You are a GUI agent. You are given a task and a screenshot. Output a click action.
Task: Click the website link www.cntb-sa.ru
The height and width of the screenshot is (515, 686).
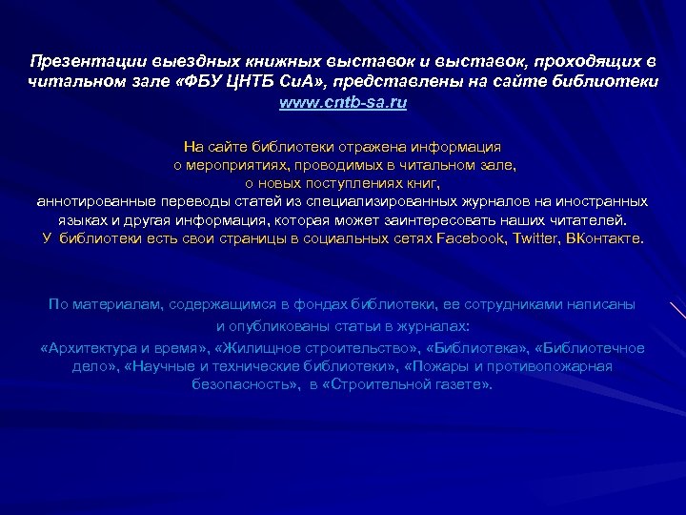pyautogui.click(x=343, y=102)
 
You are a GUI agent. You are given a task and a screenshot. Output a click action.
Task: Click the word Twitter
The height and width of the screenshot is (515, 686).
pyautogui.click(x=537, y=237)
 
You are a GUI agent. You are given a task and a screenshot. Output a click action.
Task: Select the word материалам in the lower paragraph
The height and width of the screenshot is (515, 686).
pyautogui.click(x=120, y=304)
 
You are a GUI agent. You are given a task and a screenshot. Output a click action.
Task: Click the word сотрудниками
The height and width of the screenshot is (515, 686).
pyautogui.click(x=515, y=304)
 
